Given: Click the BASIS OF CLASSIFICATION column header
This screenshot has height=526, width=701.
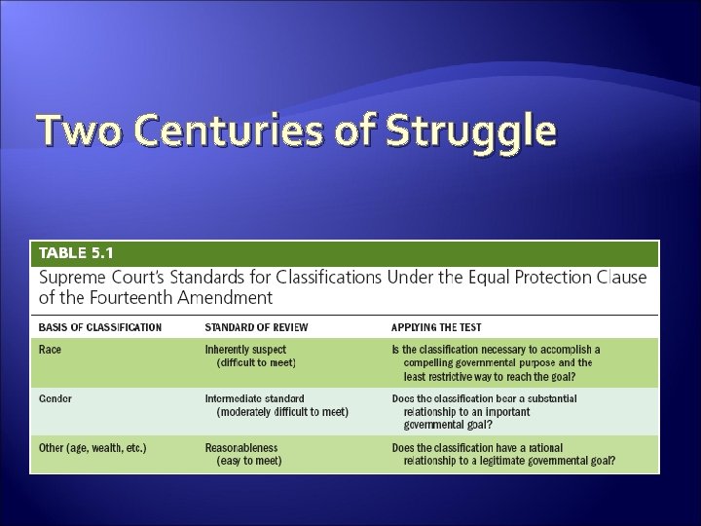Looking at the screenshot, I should point(100,326).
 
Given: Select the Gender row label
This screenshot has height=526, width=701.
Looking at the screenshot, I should point(55,398).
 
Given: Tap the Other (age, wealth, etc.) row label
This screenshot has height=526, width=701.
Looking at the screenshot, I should point(93,448).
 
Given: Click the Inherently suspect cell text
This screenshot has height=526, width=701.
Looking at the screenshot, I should point(245,349).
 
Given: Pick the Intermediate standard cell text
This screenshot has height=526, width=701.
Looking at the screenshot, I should point(254,398).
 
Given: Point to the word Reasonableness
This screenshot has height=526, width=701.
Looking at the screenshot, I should point(241,448).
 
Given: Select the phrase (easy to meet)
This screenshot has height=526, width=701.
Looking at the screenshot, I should point(249,462).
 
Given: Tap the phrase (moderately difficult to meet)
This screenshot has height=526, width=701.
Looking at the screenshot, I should point(282,412).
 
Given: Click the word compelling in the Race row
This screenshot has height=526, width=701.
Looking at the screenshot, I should point(432,362).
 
